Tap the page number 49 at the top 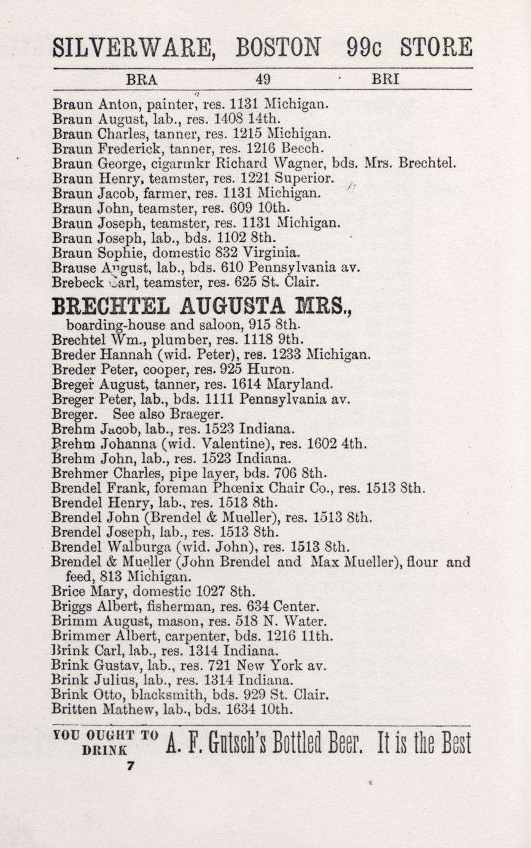click(x=263, y=79)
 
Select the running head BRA click(x=142, y=79)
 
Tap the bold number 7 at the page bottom click(x=130, y=766)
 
